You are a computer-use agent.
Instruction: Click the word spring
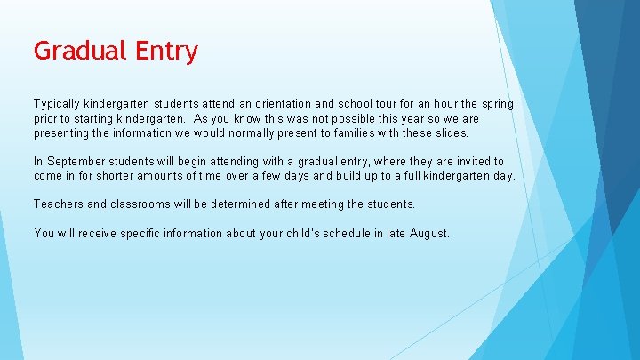494,104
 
